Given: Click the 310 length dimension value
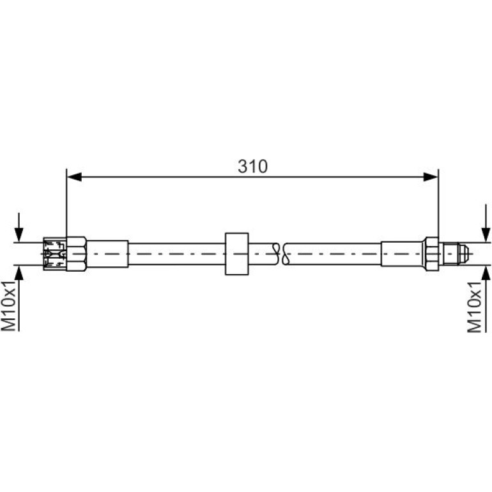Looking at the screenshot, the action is (x=252, y=166).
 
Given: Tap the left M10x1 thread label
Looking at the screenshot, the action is (x=8, y=305).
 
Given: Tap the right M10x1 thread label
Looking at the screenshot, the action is (x=474, y=307).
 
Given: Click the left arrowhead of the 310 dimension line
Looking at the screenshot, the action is (x=75, y=177).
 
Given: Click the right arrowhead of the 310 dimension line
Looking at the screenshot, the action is (x=430, y=177).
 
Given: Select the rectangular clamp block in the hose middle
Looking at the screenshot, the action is (x=237, y=254).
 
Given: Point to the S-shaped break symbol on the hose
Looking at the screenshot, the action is (x=281, y=254).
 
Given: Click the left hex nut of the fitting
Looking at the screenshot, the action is (x=77, y=254).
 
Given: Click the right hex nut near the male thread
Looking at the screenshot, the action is (x=431, y=254).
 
